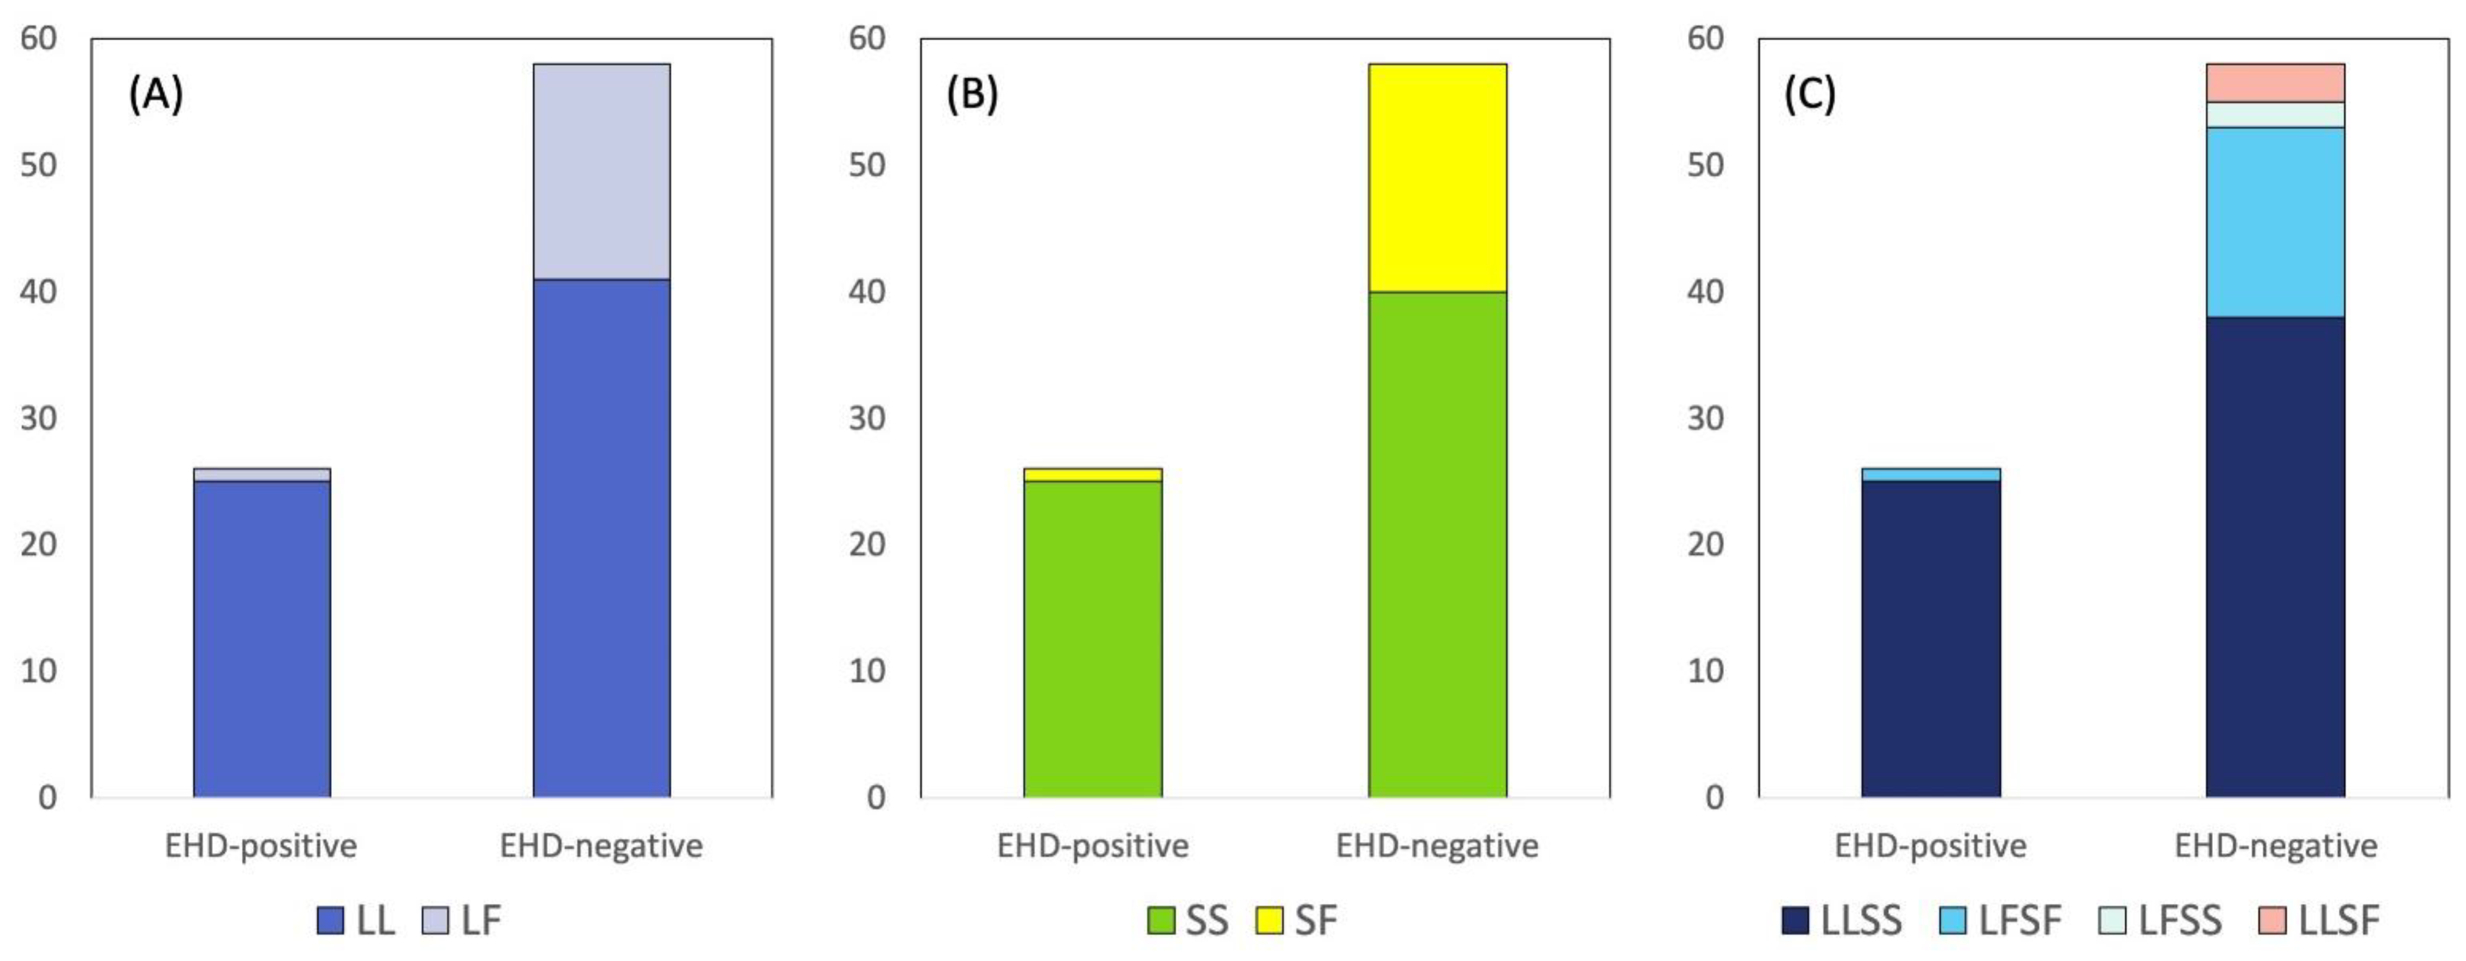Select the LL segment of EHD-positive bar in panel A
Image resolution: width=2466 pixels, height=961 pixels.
(x=261, y=639)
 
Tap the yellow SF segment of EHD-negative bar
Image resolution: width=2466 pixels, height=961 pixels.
(x=1437, y=177)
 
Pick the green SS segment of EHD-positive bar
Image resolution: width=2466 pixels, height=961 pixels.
(x=1092, y=639)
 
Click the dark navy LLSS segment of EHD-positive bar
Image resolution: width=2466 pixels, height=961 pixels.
(x=1931, y=639)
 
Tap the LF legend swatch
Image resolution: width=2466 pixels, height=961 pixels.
(x=436, y=920)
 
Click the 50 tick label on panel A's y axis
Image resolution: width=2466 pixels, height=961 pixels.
(x=38, y=165)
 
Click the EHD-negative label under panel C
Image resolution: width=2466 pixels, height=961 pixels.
(x=2276, y=846)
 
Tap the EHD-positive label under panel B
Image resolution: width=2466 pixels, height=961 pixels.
(x=1092, y=846)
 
